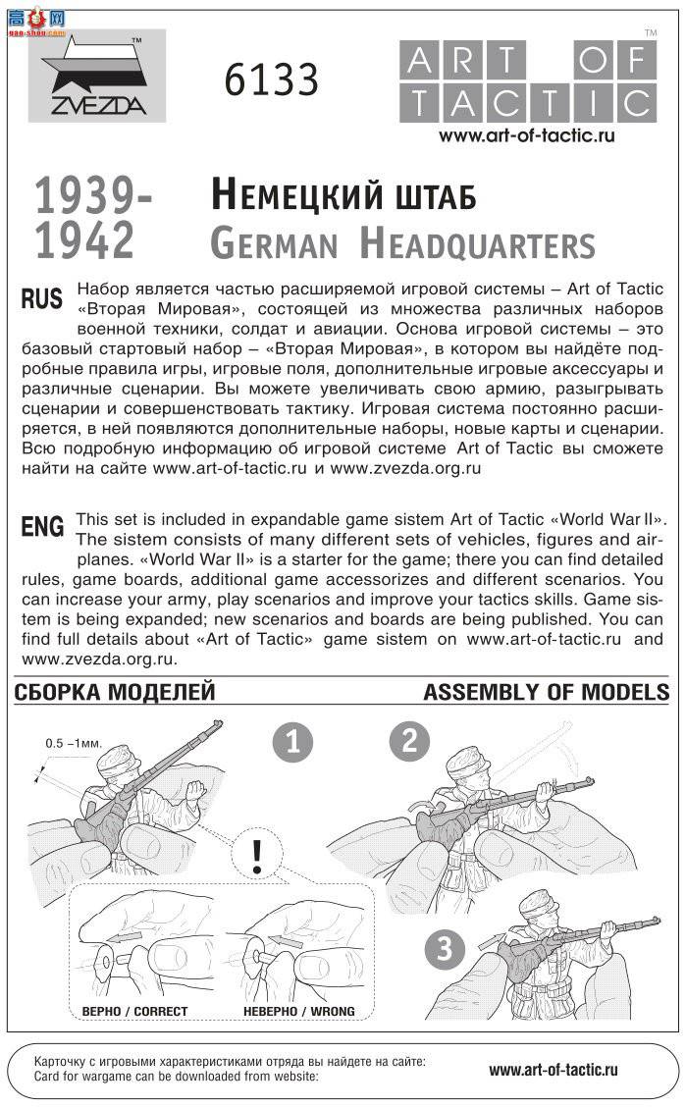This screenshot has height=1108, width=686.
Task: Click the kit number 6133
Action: (x=271, y=79)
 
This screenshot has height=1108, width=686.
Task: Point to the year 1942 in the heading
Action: (x=85, y=240)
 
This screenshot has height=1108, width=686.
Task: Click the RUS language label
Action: (x=42, y=299)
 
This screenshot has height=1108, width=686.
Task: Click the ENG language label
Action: (x=42, y=527)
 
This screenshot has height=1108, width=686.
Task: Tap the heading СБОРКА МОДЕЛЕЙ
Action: (x=115, y=692)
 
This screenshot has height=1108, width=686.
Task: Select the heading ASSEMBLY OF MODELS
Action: (x=546, y=692)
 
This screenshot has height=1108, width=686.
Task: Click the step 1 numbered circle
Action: (x=292, y=742)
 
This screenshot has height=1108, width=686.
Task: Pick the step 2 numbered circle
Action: (x=409, y=740)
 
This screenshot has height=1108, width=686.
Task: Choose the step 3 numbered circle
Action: (x=445, y=949)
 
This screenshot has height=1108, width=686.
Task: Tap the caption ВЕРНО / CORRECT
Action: (x=134, y=1011)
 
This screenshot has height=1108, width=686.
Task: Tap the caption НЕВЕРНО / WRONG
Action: (x=299, y=1011)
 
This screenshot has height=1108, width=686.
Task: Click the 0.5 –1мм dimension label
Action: (x=74, y=743)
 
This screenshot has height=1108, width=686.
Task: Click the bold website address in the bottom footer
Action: (x=553, y=1070)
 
